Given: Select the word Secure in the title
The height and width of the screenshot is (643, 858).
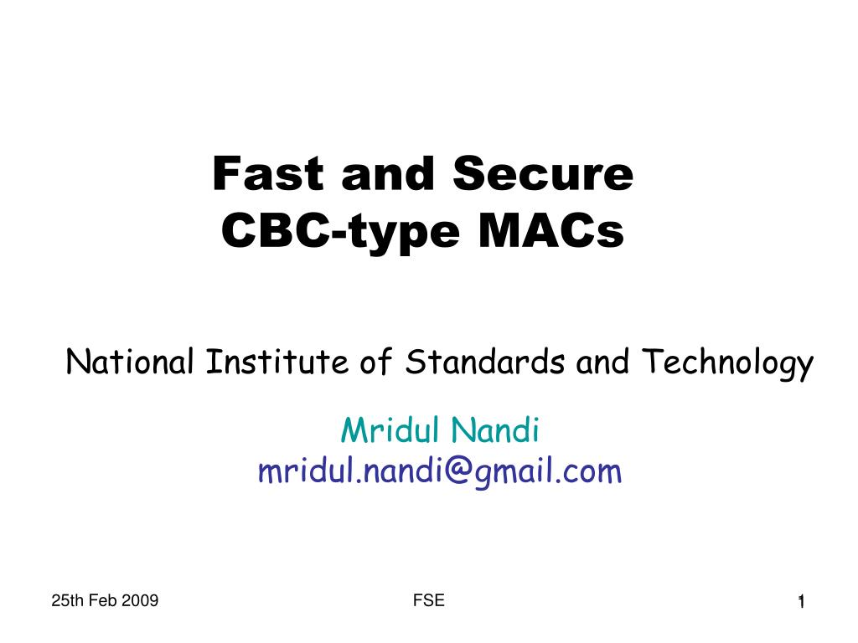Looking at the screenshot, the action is [543, 173].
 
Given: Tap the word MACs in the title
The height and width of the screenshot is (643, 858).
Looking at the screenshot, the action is [551, 231].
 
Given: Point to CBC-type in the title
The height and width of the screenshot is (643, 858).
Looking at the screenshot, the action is [340, 232].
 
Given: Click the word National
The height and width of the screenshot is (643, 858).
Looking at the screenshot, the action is [130, 362].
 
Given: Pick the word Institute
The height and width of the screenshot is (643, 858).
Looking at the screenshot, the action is [277, 362].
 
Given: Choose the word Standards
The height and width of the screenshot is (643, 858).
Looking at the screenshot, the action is [485, 362].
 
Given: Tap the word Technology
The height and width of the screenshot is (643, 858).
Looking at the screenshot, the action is [728, 363].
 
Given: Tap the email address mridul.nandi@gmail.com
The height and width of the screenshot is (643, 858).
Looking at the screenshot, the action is [440, 472].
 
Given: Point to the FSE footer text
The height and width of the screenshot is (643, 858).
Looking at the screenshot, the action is [429, 600].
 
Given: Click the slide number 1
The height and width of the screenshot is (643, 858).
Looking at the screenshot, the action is [801, 602].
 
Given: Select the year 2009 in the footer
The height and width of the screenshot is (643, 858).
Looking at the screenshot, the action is [140, 600].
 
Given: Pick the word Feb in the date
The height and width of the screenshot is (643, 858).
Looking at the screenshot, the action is [103, 600].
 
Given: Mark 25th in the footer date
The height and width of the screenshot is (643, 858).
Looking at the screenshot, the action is [68, 600].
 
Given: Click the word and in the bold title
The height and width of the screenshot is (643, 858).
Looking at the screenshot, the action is [388, 173].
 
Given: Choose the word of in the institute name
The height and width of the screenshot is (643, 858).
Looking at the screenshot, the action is [376, 362].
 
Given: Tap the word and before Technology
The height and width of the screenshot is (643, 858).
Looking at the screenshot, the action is [602, 362].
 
